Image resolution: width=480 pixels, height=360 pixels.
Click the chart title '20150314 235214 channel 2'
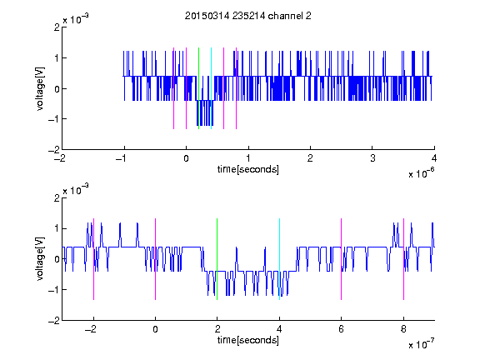point(248,16)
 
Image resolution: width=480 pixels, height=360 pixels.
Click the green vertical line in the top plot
point(198,88)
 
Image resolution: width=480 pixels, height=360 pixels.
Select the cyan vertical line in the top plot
point(211,88)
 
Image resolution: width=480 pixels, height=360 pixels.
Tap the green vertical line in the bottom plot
point(217,259)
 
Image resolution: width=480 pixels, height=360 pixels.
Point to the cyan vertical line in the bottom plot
point(279,259)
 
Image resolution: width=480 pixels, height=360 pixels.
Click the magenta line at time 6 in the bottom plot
point(342,259)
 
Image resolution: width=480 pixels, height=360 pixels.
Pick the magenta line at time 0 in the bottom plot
point(156,259)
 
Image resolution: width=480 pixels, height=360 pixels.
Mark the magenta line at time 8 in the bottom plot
point(404,259)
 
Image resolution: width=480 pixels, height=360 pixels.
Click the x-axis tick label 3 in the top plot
point(372,158)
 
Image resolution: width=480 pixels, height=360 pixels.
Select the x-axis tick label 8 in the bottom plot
point(403,329)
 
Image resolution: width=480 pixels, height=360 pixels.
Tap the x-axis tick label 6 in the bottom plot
point(342,329)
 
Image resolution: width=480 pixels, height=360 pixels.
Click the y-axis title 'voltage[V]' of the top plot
point(40,88)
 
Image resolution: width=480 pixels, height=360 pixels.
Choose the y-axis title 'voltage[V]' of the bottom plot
point(40,259)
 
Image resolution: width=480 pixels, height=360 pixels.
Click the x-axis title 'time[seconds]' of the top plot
point(248,169)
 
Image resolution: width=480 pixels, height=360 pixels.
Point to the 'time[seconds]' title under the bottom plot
point(248,340)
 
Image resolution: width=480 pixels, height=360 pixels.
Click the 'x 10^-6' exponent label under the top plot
point(421,172)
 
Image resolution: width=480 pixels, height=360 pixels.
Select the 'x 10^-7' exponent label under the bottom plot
point(421,343)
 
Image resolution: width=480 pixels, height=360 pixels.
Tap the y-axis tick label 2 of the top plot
point(57,27)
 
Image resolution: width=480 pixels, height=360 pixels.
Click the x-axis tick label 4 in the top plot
point(434,158)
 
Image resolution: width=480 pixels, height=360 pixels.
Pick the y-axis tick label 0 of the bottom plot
point(57,259)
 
